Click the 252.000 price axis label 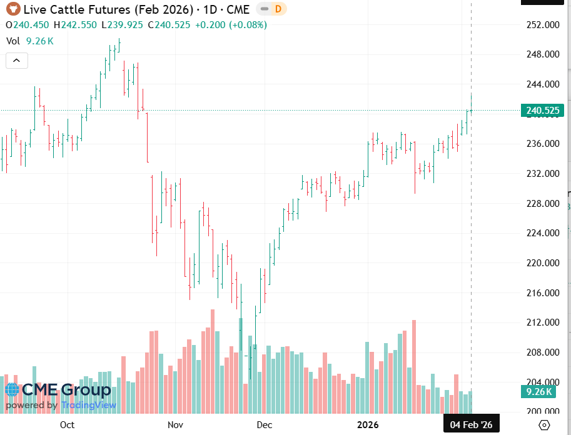(542, 25)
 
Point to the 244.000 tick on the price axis (542, 84)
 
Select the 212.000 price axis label (542, 322)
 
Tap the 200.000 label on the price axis (542, 412)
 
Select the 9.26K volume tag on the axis (538, 392)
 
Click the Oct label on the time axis (67, 425)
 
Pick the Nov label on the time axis (175, 425)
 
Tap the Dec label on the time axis (265, 425)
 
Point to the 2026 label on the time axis (368, 425)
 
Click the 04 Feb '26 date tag (472, 425)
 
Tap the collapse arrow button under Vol (16, 61)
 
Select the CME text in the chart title (238, 9)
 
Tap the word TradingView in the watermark (89, 405)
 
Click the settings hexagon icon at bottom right (544, 425)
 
